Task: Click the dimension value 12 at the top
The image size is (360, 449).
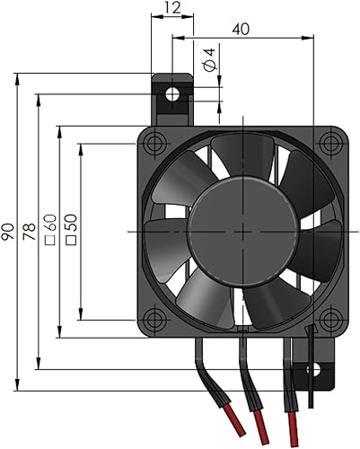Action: point(172,8)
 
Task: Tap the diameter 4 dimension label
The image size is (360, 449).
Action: point(209,60)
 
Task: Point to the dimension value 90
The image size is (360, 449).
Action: point(9,235)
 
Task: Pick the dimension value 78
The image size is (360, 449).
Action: point(30,235)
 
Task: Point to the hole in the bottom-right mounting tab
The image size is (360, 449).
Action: point(313,368)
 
